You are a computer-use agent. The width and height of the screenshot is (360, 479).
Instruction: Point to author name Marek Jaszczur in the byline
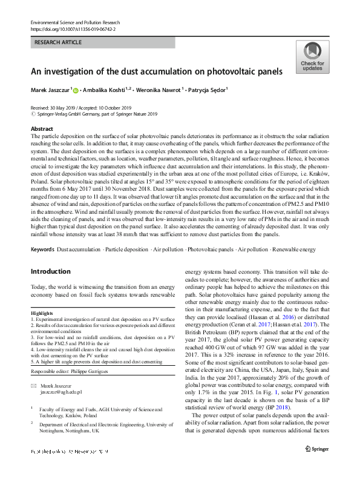click(x=50, y=90)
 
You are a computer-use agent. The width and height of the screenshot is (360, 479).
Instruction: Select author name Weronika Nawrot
click(x=163, y=90)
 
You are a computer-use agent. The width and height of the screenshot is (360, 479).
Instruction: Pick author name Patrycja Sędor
click(x=207, y=90)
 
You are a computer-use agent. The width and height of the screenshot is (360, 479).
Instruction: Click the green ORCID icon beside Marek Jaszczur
click(x=77, y=90)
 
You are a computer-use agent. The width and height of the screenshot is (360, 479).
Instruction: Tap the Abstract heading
click(x=42, y=129)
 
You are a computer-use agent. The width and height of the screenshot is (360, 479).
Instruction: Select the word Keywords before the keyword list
click(x=43, y=249)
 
